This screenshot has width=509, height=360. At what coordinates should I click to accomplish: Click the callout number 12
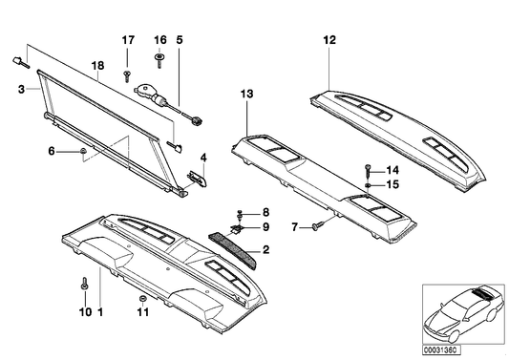329,40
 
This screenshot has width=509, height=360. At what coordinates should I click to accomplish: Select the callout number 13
247,94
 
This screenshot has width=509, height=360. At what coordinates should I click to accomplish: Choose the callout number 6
52,151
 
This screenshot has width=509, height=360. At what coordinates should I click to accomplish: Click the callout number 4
202,157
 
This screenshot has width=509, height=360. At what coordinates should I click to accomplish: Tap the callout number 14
391,168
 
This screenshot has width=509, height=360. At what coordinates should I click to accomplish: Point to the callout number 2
265,250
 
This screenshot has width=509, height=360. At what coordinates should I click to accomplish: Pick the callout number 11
142,311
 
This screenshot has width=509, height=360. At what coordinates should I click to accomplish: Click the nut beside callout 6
83,152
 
